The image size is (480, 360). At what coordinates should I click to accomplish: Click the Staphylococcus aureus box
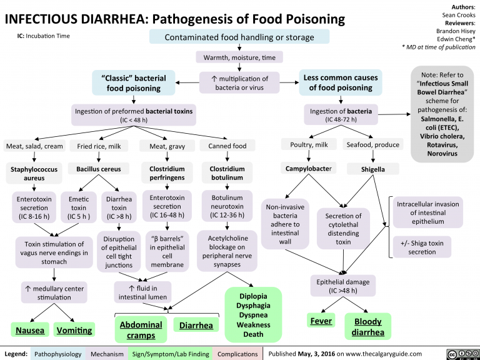30,173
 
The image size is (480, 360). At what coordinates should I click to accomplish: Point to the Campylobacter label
307,169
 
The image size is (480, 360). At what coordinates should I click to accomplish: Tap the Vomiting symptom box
74,329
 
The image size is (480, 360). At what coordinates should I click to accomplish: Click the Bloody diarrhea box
367,327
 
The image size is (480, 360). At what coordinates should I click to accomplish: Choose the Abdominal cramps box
141,330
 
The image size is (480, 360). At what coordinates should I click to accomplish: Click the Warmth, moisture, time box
239,58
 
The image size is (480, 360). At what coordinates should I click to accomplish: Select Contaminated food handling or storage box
239,37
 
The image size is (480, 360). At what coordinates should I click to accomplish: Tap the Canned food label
227,146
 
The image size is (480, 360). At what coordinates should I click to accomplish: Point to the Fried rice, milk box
99,146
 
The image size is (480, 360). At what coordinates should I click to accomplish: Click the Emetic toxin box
79,209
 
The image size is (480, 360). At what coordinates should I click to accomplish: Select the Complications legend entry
237,354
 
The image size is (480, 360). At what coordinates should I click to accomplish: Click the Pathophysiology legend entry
57,354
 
